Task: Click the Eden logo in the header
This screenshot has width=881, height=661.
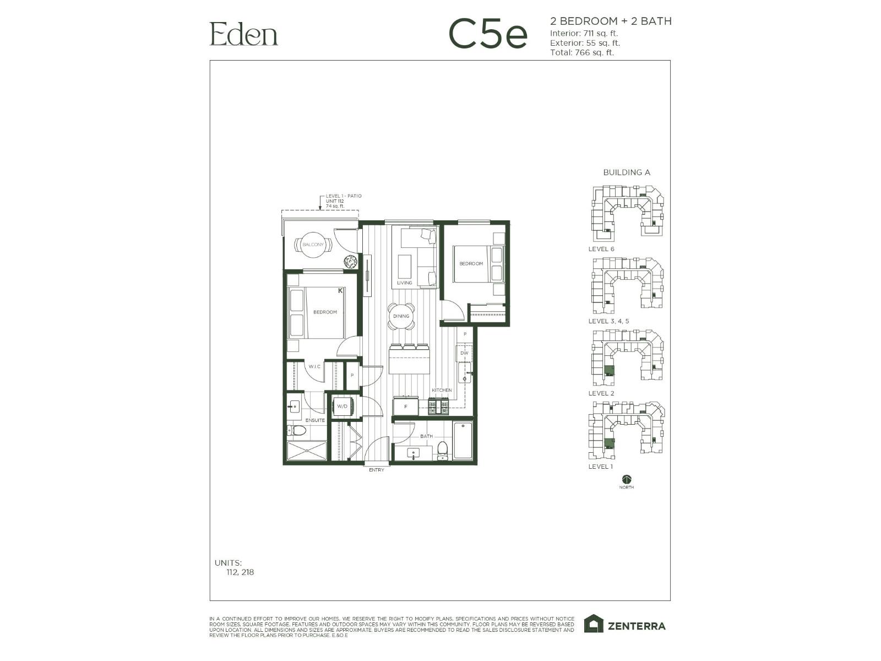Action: [243, 34]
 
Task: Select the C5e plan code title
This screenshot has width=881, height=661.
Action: [488, 34]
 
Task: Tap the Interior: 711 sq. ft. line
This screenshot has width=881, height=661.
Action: [584, 33]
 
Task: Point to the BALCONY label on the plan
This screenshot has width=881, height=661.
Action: [313, 245]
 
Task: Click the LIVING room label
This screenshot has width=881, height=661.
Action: [405, 283]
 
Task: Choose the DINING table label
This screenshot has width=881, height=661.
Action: [401, 316]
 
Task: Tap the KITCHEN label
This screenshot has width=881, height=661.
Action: [442, 390]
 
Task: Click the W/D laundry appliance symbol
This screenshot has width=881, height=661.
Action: [342, 407]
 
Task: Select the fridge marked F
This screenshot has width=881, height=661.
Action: [406, 407]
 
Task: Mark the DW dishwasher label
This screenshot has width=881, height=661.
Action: [464, 353]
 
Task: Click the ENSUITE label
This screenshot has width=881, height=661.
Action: [315, 420]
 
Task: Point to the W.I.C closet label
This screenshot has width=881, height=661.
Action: [314, 366]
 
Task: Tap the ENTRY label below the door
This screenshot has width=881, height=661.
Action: [377, 470]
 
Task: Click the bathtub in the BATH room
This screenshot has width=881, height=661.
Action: [463, 441]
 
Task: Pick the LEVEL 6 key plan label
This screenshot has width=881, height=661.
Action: [601, 249]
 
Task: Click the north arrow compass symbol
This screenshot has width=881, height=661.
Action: [627, 479]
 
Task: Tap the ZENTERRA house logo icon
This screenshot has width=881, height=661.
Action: [593, 624]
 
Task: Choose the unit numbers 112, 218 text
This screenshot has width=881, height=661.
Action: [240, 572]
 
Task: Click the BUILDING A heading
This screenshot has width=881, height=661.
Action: [627, 172]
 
